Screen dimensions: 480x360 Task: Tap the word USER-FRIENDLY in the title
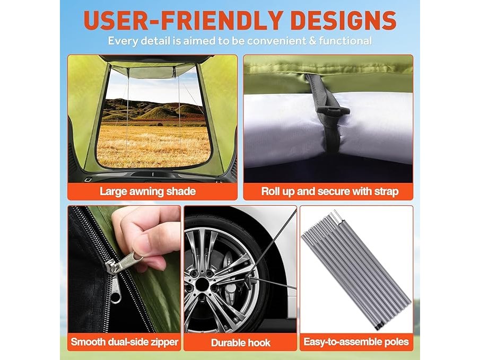[183, 21]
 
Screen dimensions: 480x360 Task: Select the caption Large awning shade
[147, 191]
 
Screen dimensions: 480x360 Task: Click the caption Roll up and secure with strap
[330, 191]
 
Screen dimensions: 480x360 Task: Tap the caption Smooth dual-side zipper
[124, 341]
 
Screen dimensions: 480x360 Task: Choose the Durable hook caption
[241, 343]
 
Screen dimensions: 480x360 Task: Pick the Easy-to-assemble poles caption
[356, 341]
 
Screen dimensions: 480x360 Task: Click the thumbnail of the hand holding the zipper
[124, 269]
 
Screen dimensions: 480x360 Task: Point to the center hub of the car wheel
[202, 284]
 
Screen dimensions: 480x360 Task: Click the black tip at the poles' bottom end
[378, 328]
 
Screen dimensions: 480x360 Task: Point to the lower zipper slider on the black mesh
[116, 292]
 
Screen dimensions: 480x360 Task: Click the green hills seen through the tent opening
[153, 109]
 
